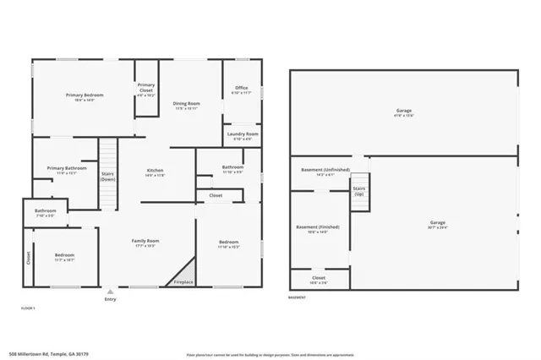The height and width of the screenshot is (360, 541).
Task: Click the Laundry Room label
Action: click(241, 135)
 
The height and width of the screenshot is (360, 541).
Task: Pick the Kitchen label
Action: click(155, 173)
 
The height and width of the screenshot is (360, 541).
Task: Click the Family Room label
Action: click(145, 243)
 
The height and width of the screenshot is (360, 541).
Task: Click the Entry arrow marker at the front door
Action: click(110, 291)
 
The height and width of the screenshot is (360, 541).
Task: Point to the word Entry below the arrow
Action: click(110, 299)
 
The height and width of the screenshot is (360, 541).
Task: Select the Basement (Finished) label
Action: click(318, 229)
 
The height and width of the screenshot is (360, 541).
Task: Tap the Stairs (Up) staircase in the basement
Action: click(359, 191)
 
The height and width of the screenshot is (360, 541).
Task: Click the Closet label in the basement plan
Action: click(318, 279)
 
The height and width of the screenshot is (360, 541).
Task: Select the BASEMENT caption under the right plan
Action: click(297, 297)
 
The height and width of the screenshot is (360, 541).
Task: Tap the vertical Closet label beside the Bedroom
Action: click(28, 258)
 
